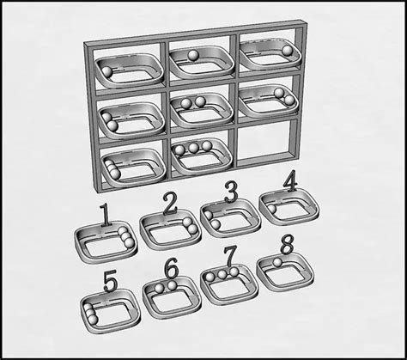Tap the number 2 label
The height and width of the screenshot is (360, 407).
[x=170, y=204]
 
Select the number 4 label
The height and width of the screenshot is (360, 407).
[x=290, y=182]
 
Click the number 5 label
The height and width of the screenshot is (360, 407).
[x=110, y=281]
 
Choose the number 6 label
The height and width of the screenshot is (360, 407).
[x=171, y=268]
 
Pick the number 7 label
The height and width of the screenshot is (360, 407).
[x=230, y=256]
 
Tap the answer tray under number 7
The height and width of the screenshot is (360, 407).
[x=228, y=282]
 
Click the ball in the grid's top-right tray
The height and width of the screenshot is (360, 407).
[x=287, y=52]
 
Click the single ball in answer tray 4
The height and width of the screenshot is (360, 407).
[x=271, y=208]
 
